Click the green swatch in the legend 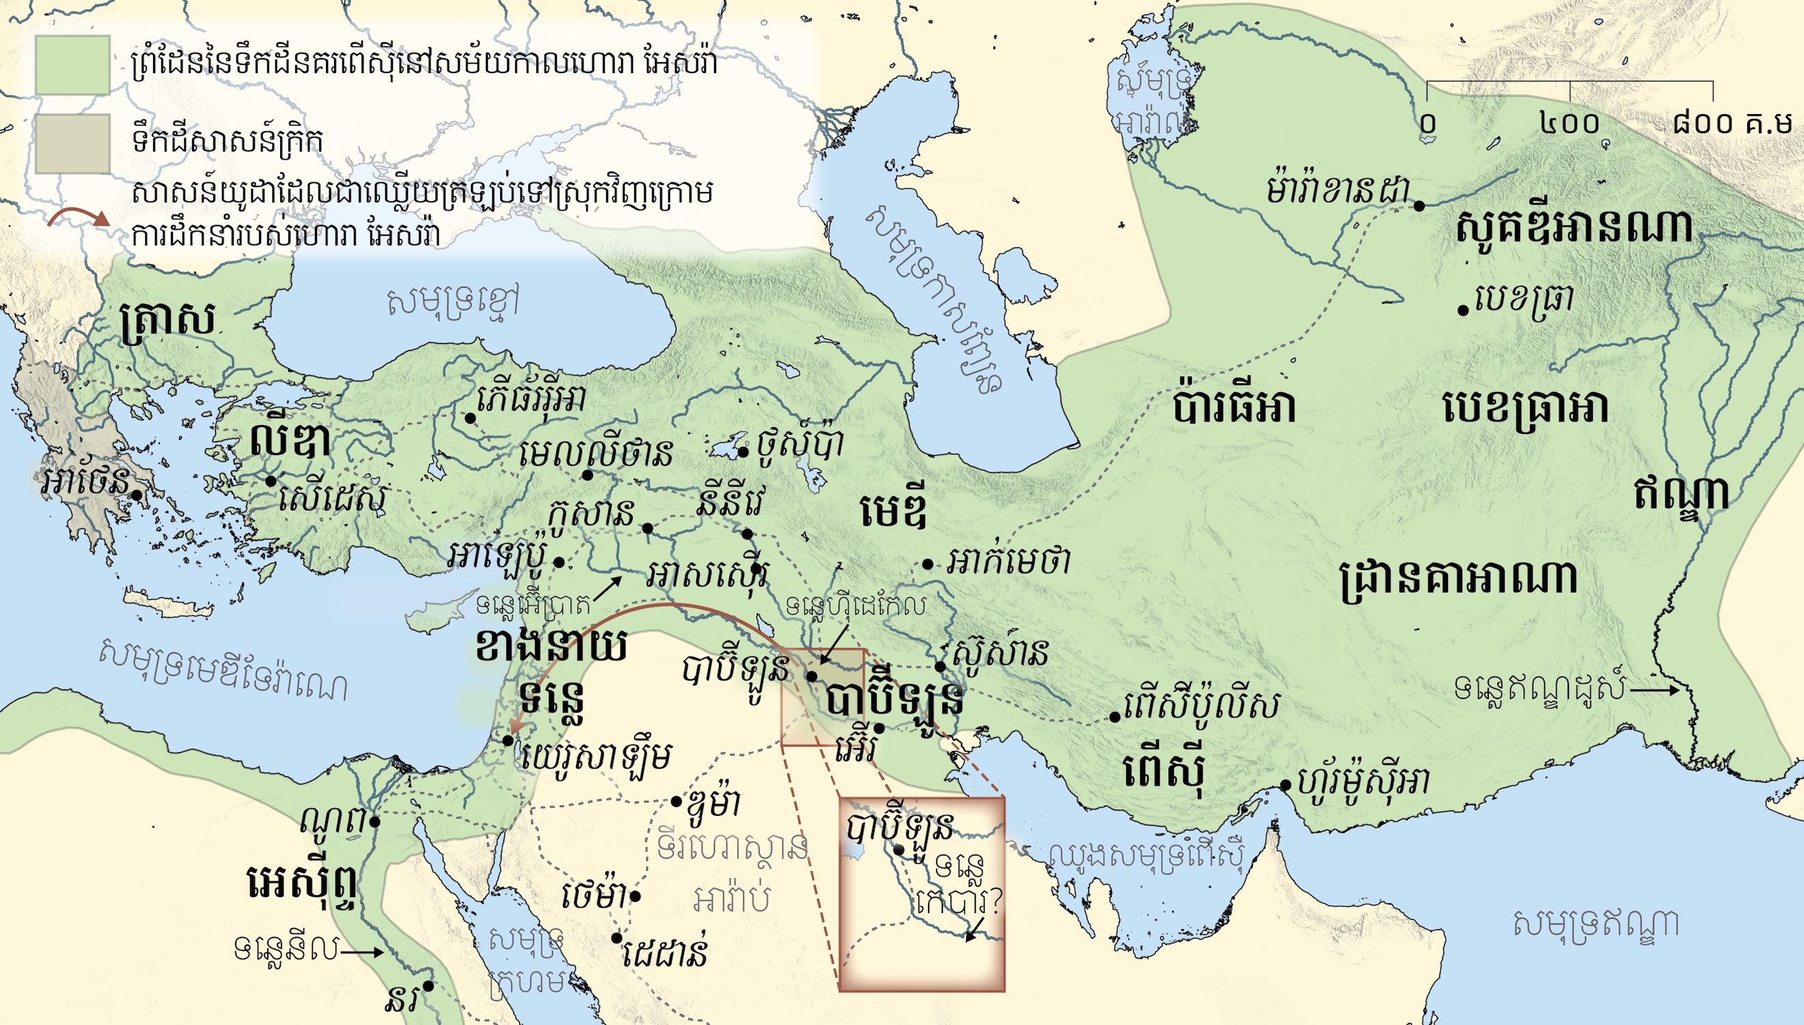[72, 65]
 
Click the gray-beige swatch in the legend [72, 143]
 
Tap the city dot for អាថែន [138, 495]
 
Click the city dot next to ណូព [375, 821]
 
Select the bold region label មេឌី [893, 512]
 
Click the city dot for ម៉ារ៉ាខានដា [1420, 206]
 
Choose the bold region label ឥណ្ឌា [1681, 494]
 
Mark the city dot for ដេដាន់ [616, 938]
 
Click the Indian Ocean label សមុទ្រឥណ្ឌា [1596, 925]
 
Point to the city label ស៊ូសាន [998, 653]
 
